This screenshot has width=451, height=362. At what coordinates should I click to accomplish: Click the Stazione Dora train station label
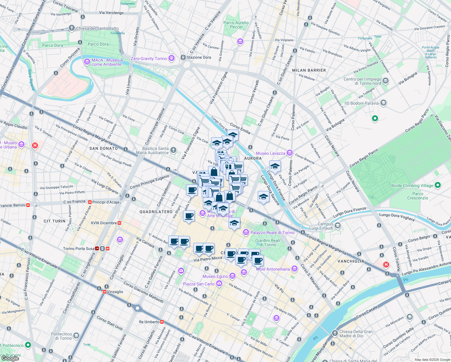tap(198, 57)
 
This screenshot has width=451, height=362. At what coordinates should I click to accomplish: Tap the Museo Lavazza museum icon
tap(289, 153)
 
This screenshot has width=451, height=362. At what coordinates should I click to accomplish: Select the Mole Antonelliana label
tap(273, 269)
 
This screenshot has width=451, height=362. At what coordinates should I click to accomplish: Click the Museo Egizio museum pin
tap(232, 276)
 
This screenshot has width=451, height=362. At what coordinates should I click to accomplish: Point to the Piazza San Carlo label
tap(199, 284)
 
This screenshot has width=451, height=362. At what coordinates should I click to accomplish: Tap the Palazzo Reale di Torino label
tap(272, 233)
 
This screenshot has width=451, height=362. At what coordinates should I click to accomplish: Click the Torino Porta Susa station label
tap(79, 249)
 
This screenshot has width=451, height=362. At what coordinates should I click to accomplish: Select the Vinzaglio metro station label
tap(115, 292)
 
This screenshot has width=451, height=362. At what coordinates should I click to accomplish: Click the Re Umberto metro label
tap(149, 322)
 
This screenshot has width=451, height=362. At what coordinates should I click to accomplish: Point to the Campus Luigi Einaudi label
tap(325, 226)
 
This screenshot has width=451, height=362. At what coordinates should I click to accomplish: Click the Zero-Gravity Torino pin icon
tap(172, 58)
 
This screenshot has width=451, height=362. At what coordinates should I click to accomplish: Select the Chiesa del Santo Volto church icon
tap(71, 28)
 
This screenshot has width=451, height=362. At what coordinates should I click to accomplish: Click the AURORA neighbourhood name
tap(253, 158)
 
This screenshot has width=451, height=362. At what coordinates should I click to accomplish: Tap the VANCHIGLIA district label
tap(351, 261)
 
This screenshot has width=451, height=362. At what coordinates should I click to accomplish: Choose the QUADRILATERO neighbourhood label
tap(156, 212)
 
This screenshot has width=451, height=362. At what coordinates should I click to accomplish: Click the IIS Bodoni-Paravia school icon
tap(383, 103)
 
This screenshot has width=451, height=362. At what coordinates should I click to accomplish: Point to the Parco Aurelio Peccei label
tap(236, 25)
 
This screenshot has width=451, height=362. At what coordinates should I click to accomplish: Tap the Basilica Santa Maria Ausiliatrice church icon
tap(173, 150)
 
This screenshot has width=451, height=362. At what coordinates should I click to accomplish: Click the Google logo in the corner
tap(11, 358)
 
